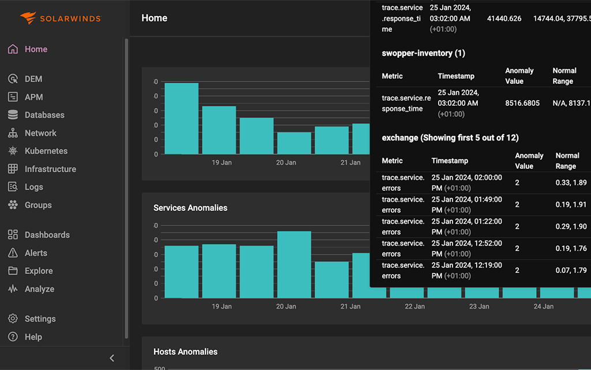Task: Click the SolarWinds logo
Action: [60, 18]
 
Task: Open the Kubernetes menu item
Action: [46, 151]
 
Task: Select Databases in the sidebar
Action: [44, 115]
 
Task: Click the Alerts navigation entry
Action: [36, 253]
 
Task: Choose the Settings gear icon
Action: [13, 319]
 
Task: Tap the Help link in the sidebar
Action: [33, 336]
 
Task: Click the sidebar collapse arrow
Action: [112, 358]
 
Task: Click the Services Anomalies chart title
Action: [190, 208]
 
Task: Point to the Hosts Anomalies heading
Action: [185, 351]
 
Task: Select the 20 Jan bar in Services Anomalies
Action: [294, 264]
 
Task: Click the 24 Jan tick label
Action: [543, 306]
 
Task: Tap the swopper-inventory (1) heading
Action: [423, 53]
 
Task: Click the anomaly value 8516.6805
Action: [522, 103]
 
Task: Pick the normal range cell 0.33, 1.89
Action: [571, 183]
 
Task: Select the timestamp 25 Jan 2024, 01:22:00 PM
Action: [466, 227]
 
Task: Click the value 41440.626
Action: [504, 18]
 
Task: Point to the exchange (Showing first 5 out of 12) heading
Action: [450, 138]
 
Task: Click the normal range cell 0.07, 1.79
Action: [571, 271]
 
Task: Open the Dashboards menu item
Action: [47, 235]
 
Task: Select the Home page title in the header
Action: [154, 18]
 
